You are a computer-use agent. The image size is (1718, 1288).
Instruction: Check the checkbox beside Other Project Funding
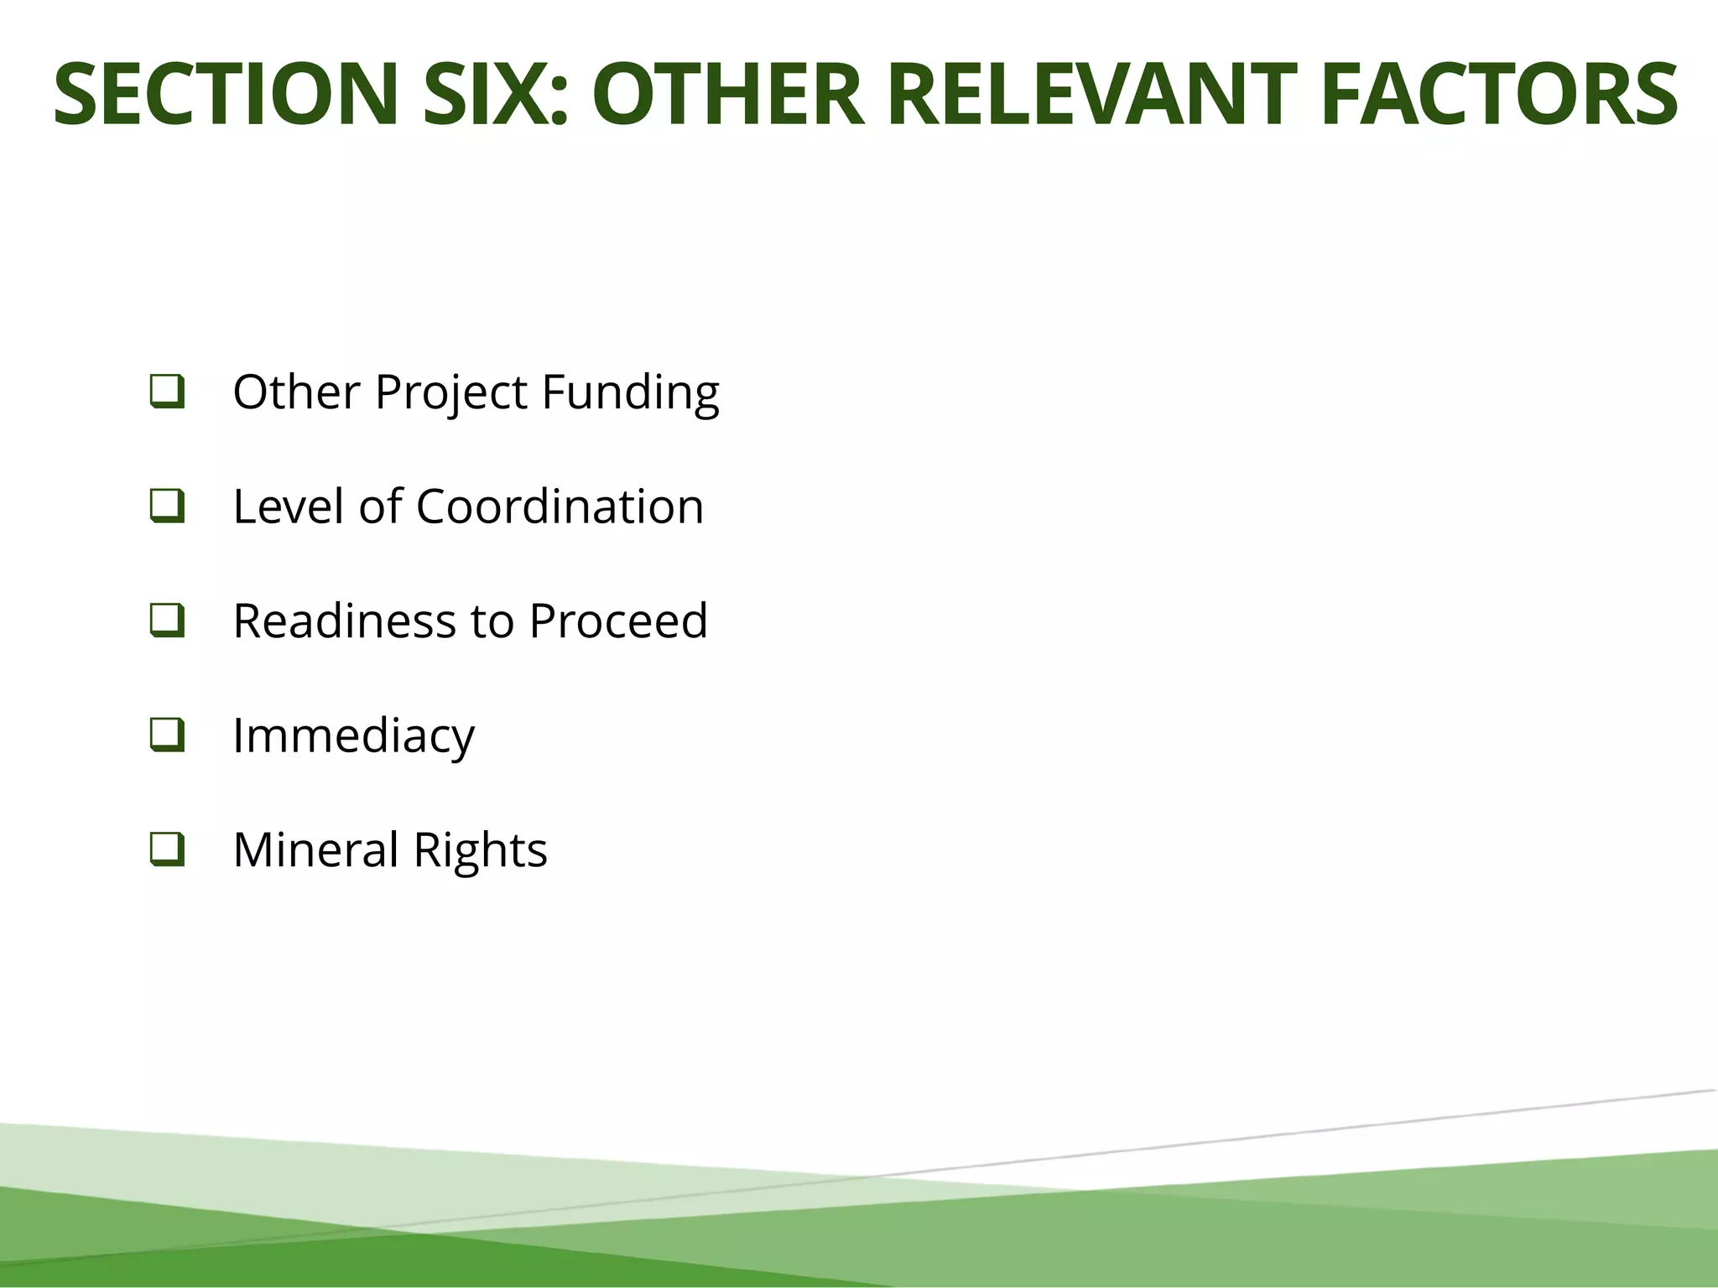[x=167, y=392]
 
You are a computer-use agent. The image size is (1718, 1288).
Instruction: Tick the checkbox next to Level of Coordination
[x=167, y=506]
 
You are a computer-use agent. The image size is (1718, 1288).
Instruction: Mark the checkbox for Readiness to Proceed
[x=167, y=621]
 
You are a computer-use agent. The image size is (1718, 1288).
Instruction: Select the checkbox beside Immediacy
[x=167, y=735]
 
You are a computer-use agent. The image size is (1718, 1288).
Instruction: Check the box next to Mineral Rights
[x=167, y=849]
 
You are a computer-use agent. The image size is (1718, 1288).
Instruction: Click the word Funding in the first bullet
[x=630, y=392]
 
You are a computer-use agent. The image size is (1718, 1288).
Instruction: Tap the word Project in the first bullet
[x=450, y=392]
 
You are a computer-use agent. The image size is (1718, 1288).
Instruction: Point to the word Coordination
[x=560, y=506]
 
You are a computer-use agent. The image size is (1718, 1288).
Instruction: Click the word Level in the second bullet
[x=288, y=506]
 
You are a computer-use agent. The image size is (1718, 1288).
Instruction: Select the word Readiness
[x=345, y=621]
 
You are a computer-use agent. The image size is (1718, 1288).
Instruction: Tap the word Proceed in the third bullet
[x=618, y=621]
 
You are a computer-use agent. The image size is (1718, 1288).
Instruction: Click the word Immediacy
[x=353, y=736]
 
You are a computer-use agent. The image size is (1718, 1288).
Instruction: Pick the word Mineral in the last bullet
[x=315, y=850]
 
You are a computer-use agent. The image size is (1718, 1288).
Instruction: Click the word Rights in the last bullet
[x=480, y=850]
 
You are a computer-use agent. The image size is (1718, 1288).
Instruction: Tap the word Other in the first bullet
[x=296, y=392]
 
